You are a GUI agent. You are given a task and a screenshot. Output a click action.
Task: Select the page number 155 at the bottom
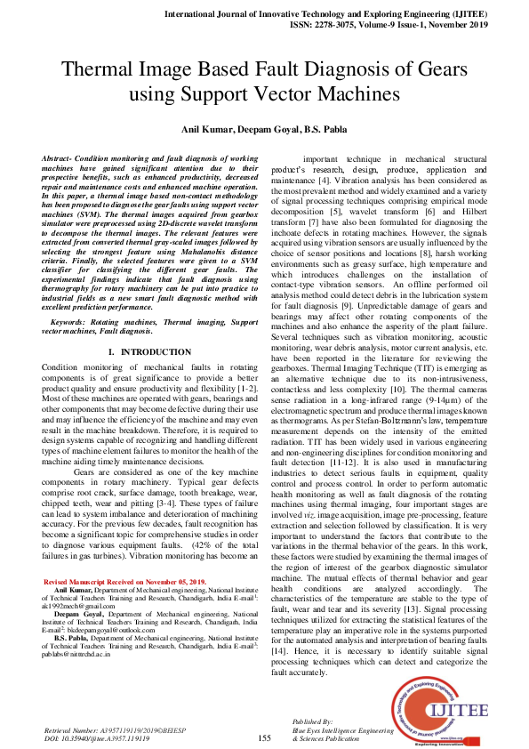[264, 737]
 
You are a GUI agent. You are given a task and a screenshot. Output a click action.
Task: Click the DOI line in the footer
[97, 737]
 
